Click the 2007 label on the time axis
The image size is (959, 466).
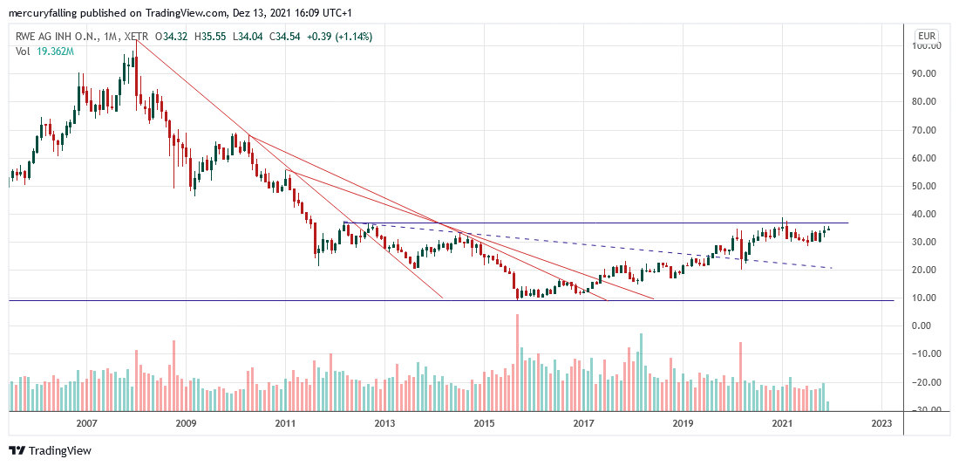coord(85,423)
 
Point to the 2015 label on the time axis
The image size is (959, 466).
coord(484,423)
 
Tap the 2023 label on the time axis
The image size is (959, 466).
coord(881,423)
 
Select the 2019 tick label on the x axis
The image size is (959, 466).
coord(683,423)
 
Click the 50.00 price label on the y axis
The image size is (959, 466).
coord(925,186)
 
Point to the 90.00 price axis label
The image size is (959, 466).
coord(925,74)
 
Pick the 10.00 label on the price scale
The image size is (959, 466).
coord(925,298)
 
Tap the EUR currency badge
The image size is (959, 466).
coord(926,37)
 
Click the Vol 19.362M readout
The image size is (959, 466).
coord(44,51)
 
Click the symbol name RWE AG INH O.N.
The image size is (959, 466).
coord(57,37)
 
